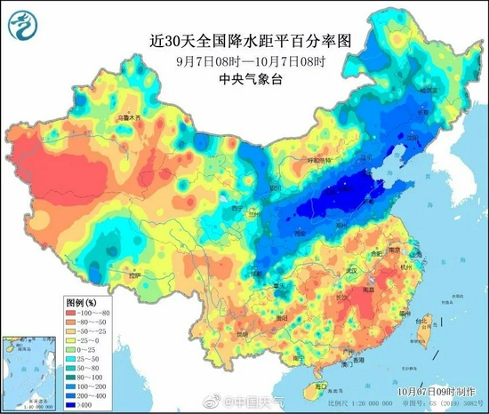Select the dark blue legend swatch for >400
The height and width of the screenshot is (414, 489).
[69, 405]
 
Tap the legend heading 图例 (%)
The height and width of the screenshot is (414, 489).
[83, 301]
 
